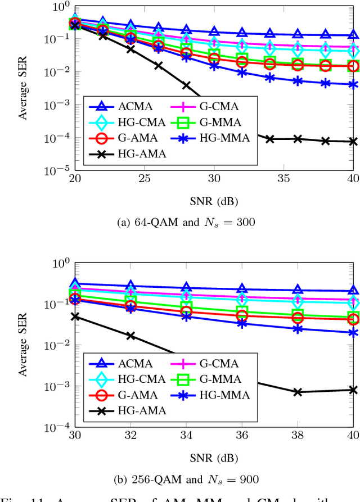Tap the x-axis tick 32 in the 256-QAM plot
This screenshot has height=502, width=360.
130,436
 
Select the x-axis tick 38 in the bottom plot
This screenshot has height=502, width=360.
298,436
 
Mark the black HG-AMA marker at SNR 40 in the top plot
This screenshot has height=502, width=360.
353,142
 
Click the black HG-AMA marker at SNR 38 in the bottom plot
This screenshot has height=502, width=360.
298,392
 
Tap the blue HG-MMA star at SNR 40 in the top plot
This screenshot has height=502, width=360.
353,84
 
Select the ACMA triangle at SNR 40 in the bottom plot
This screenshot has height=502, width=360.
353,291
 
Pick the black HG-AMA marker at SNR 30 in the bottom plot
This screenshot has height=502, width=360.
75,316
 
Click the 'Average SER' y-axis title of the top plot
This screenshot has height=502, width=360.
23,88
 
